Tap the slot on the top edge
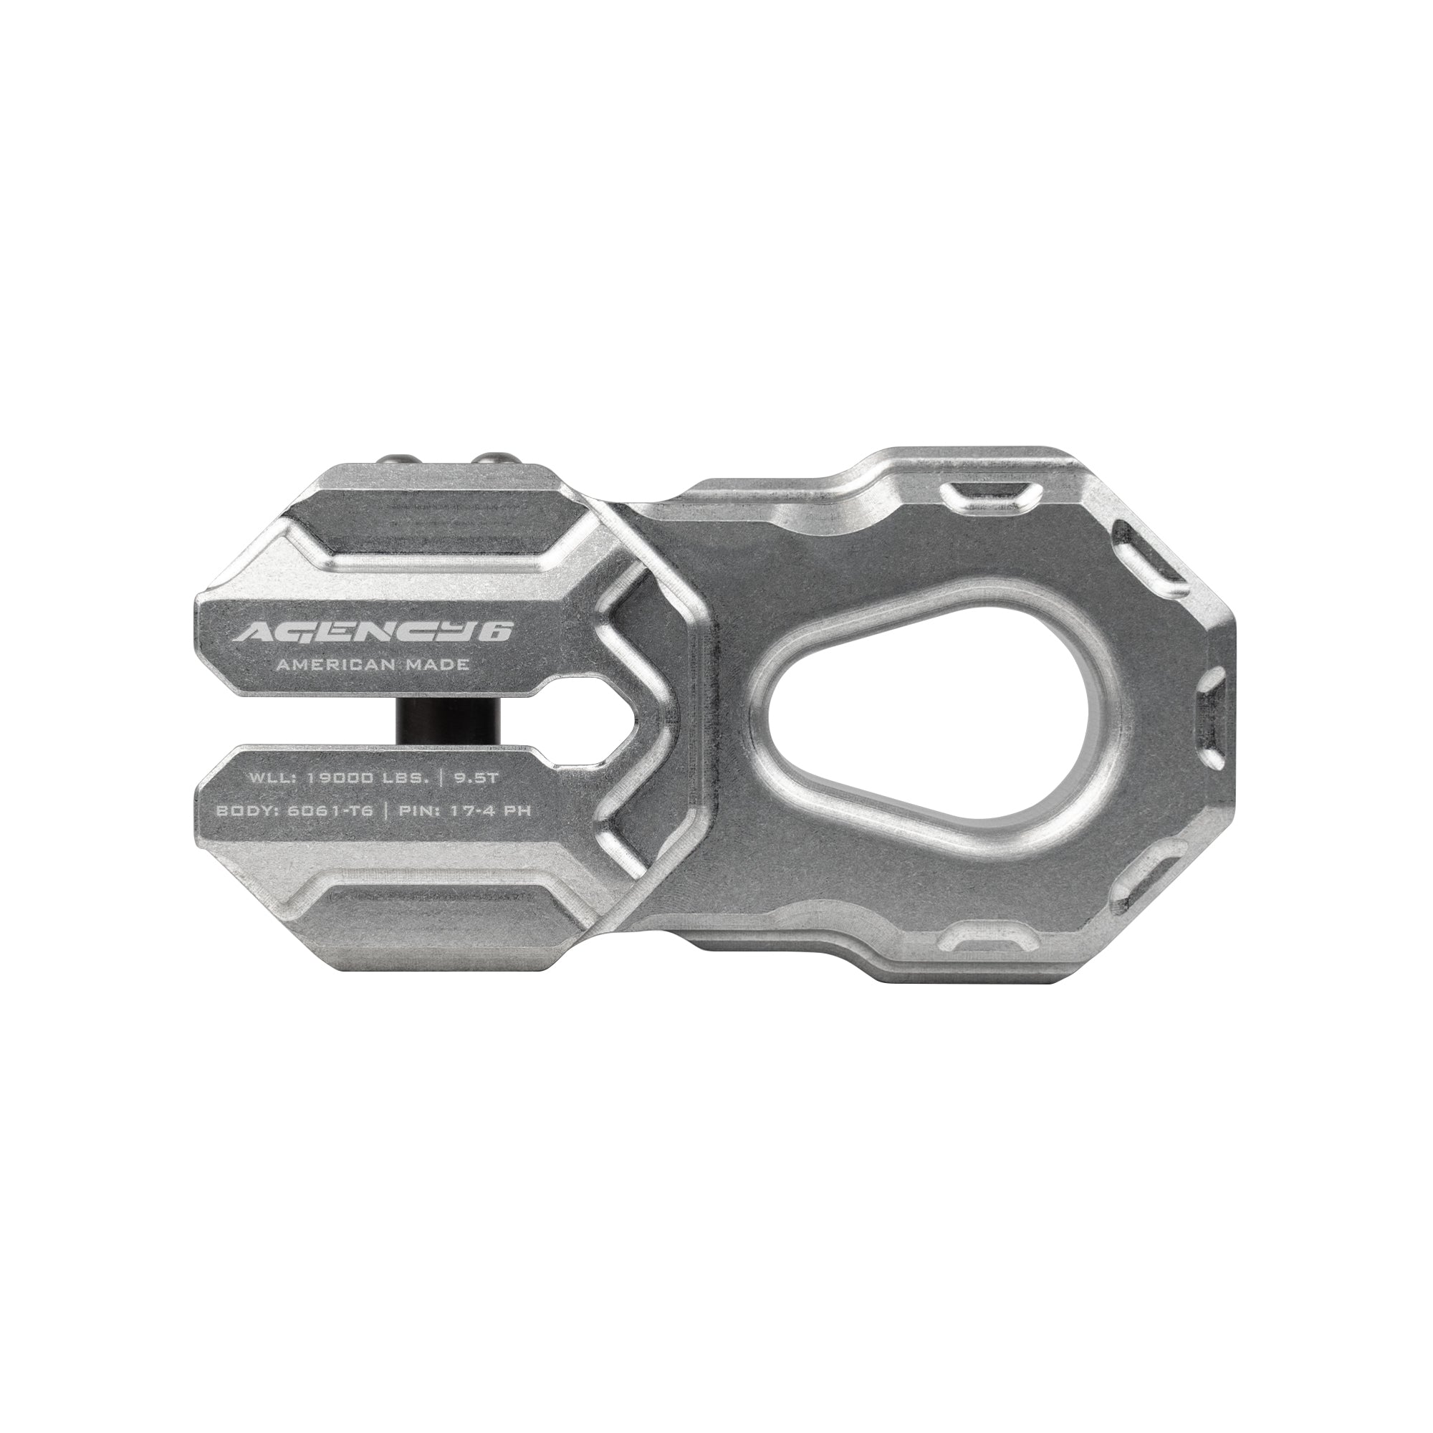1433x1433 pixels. tap(985, 493)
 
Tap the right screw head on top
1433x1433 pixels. tap(491, 461)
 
